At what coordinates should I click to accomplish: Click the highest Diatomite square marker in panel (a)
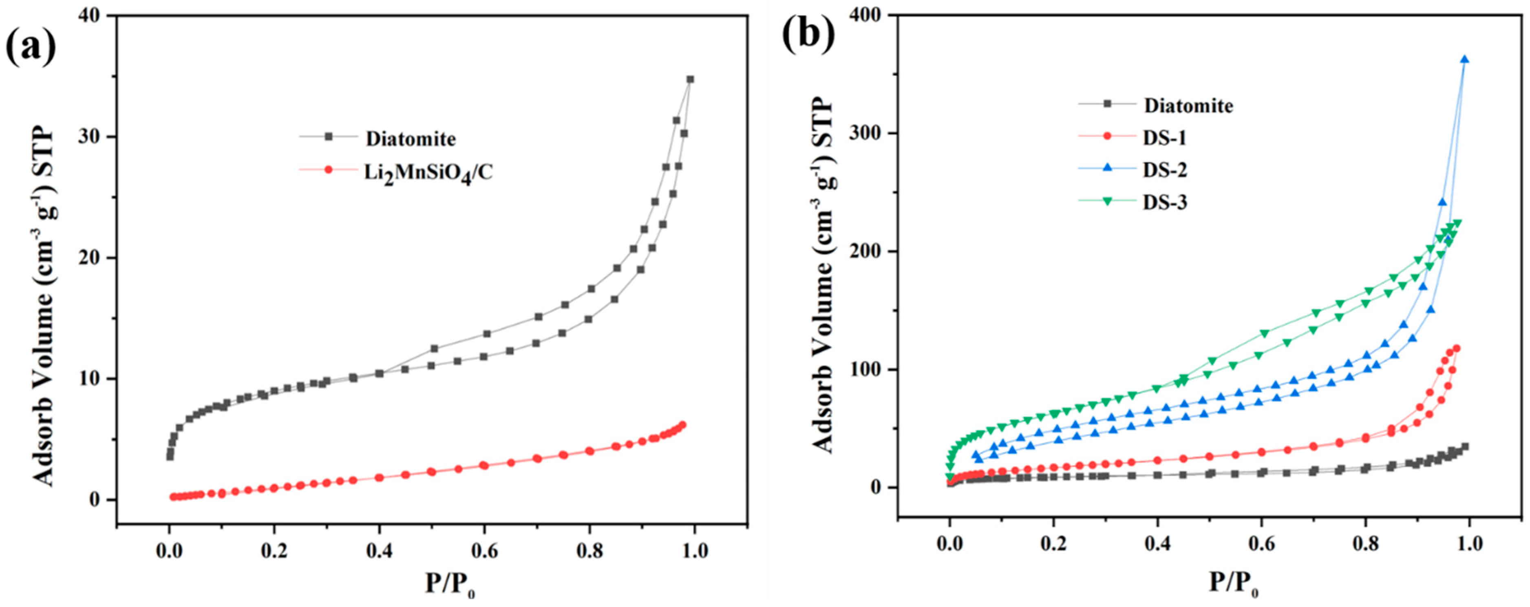point(689,79)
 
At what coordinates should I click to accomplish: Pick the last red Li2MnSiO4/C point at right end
point(682,425)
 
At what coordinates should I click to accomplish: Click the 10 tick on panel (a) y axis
point(93,378)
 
